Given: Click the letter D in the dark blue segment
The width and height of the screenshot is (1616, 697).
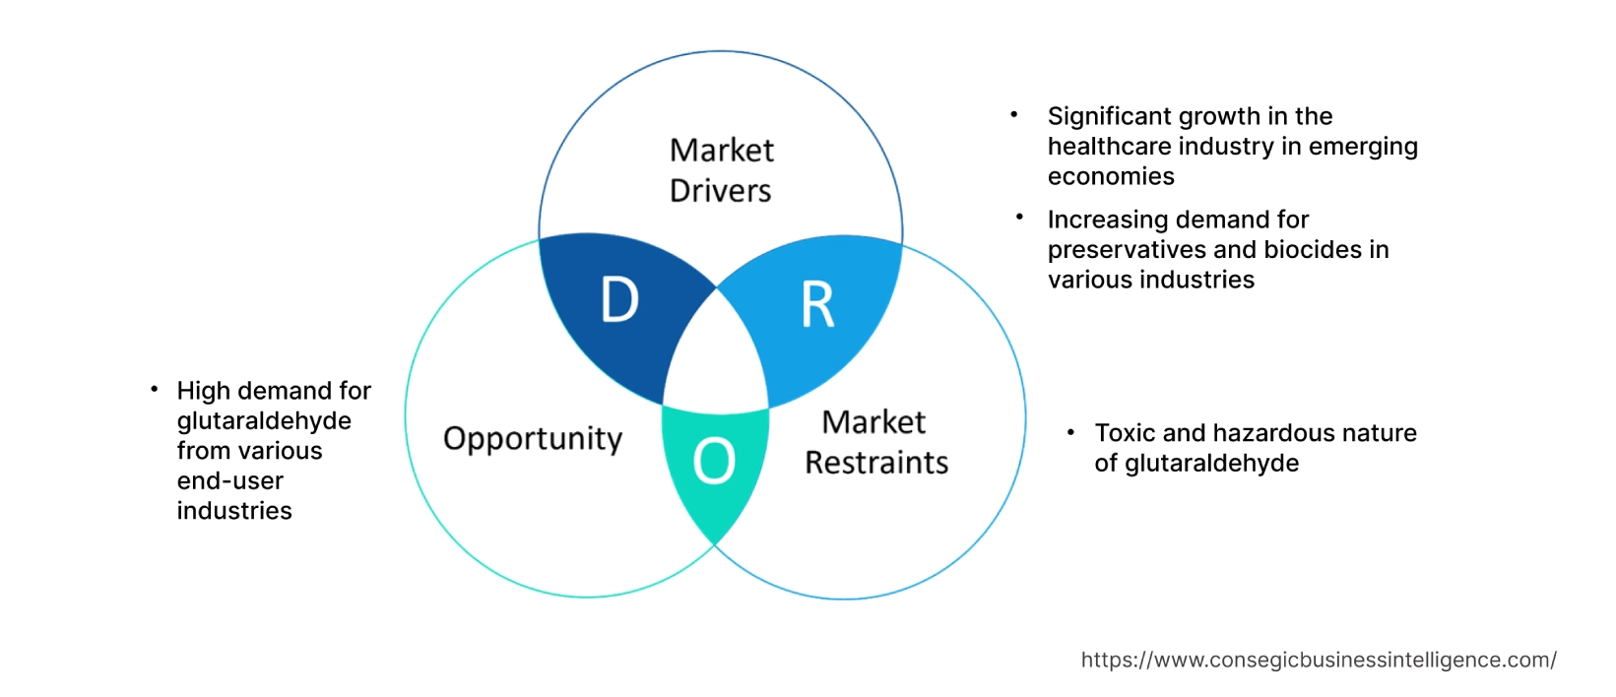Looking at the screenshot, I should click(x=619, y=300).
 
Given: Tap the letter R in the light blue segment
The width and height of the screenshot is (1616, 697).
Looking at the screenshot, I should click(x=817, y=305).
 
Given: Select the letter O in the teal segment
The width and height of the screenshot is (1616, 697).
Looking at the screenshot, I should click(x=714, y=461).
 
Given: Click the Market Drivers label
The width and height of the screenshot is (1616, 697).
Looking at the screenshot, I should click(x=721, y=170).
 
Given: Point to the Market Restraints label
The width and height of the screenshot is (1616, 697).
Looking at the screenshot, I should click(x=875, y=442).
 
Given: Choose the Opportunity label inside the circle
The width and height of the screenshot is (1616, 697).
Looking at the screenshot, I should click(x=533, y=439).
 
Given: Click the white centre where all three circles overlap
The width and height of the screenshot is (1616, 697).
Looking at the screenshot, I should click(x=716, y=354).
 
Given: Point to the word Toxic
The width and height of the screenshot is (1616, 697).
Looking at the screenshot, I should click(x=1125, y=433).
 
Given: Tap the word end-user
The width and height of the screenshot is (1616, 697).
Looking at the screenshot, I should click(x=230, y=481).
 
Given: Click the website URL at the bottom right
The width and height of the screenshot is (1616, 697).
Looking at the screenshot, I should click(x=1318, y=660).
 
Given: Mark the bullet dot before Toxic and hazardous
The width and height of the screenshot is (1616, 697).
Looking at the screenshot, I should click(x=1070, y=432).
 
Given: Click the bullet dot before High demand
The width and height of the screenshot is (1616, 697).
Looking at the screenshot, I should click(x=154, y=390).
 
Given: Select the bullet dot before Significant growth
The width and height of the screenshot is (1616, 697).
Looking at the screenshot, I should click(x=1013, y=115).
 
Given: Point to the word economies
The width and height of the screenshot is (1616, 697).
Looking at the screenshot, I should click(x=1111, y=177).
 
